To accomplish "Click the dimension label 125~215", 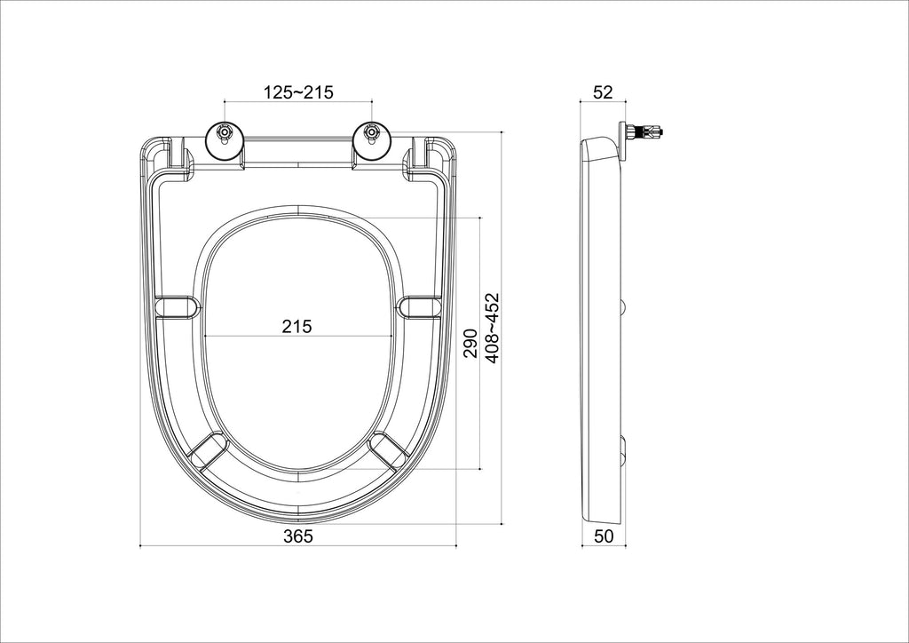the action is point(298,92).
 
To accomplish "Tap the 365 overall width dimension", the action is point(298,536).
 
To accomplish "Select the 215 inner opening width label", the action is point(296,327).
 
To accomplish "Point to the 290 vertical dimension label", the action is point(470,343).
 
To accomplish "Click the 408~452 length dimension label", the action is point(492,329).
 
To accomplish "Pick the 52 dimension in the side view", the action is point(603,92).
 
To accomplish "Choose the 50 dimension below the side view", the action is point(604,536).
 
